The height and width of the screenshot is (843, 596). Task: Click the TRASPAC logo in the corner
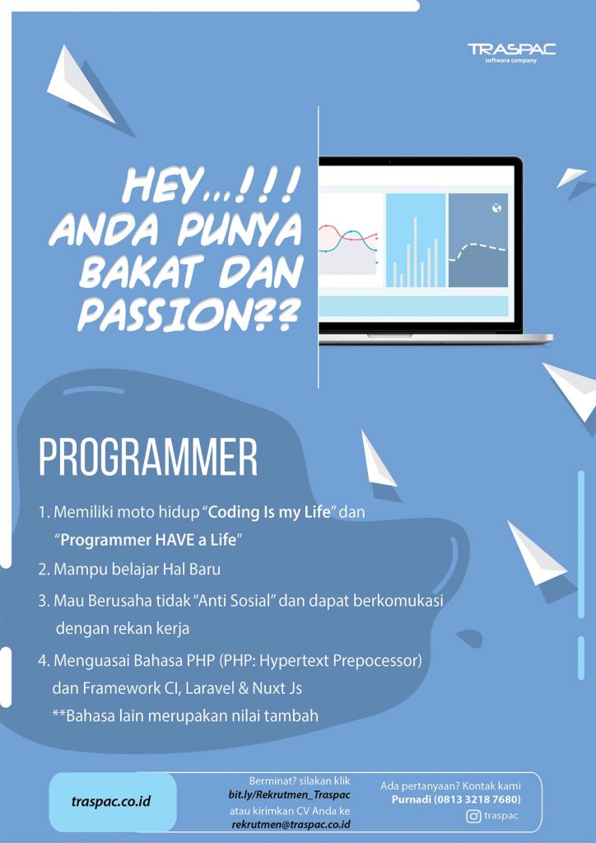(512, 52)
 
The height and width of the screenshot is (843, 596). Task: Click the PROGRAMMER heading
(148, 459)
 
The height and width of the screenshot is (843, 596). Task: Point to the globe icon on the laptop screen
(496, 208)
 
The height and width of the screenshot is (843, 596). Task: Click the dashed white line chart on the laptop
(477, 250)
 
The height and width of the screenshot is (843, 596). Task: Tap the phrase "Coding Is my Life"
(269, 511)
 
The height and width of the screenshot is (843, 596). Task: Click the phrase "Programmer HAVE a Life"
(148, 540)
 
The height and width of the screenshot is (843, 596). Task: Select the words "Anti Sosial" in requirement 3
(228, 600)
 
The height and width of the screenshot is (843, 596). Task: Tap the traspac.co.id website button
(112, 802)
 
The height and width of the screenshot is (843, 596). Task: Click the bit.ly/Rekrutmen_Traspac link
(290, 794)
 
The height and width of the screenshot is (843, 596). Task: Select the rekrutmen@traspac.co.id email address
(291, 823)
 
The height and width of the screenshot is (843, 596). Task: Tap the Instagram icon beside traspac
(473, 817)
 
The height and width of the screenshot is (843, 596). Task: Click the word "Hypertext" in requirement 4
(293, 659)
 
